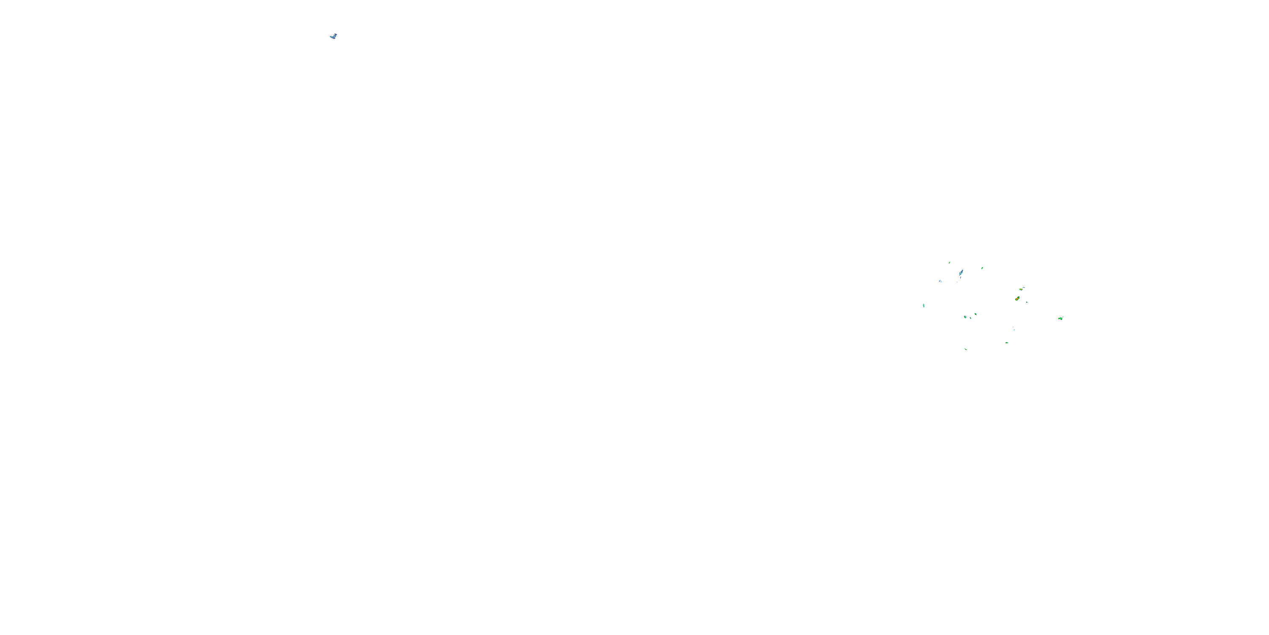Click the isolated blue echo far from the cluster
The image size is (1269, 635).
pyautogui.click(x=333, y=36)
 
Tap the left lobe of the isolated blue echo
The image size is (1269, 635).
pyautogui.click(x=332, y=37)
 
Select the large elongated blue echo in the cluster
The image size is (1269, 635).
pyautogui.click(x=961, y=273)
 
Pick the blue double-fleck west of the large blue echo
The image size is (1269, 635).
pyautogui.click(x=940, y=281)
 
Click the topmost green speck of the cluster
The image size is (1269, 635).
pyautogui.click(x=949, y=263)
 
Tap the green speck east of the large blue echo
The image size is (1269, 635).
pyautogui.click(x=982, y=268)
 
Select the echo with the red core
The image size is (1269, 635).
pyautogui.click(x=1017, y=299)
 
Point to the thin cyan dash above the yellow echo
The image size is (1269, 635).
pyautogui.click(x=1024, y=287)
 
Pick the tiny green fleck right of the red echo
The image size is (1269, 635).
pyautogui.click(x=1027, y=302)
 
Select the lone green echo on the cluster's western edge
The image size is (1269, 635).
pyautogui.click(x=924, y=306)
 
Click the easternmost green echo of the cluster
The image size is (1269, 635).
pyautogui.click(x=1060, y=319)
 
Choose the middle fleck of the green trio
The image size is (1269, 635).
pyautogui.click(x=970, y=318)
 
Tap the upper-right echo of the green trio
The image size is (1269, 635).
pyautogui.click(x=975, y=314)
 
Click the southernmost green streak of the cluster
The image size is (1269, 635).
pyautogui.click(x=966, y=349)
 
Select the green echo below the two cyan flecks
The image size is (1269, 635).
pyautogui.click(x=1007, y=342)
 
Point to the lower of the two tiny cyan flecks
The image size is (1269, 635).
pyautogui.click(x=1014, y=329)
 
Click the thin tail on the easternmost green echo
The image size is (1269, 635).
pyautogui.click(x=1063, y=317)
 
